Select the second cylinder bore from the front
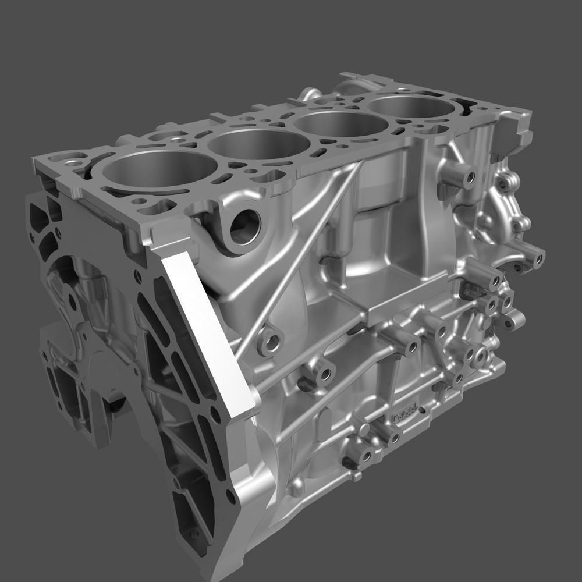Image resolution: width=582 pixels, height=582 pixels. tap(251, 145)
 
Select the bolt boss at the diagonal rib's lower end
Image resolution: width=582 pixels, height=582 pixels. tap(269, 343)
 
